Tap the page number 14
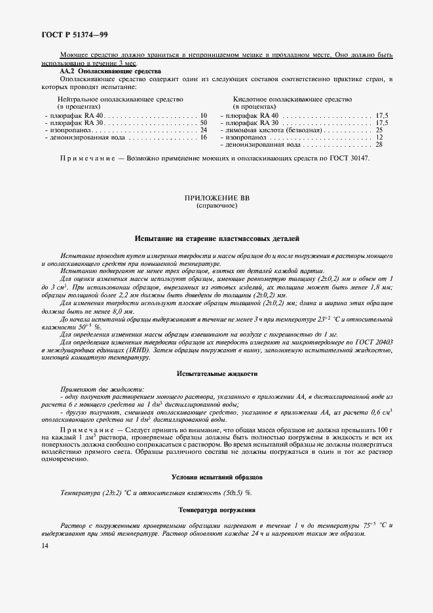point(45,545)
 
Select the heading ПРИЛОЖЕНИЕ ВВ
point(217,197)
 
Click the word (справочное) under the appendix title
point(217,205)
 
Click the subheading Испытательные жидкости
point(217,373)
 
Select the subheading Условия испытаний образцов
point(217,477)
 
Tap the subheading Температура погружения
point(217,509)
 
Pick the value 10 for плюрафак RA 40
point(203,115)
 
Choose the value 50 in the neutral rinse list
point(203,122)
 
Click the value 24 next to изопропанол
point(203,130)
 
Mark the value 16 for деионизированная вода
point(203,138)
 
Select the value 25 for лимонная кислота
point(379,130)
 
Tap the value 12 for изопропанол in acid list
point(379,138)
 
